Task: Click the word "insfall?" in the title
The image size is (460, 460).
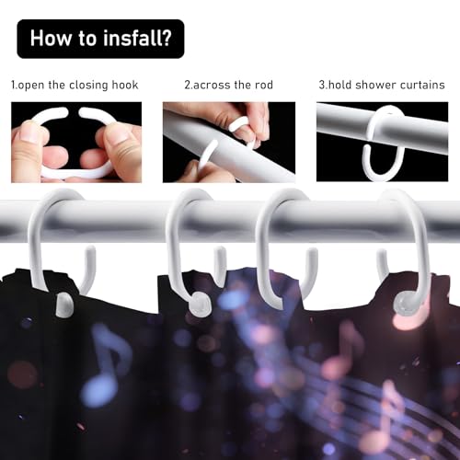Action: (137, 39)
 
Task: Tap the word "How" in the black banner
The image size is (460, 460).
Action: (51, 38)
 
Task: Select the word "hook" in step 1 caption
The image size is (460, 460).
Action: (125, 85)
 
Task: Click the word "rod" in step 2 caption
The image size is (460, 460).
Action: (264, 85)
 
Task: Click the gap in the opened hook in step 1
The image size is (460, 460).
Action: (74, 112)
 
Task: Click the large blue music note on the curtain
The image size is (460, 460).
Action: (104, 365)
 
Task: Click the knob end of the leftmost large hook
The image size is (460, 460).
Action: (64, 304)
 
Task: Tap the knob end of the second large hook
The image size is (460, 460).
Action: (200, 305)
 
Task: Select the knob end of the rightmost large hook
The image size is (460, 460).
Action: (406, 305)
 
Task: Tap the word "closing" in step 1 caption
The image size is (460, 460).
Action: (88, 86)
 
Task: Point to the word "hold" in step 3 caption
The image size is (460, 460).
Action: (339, 85)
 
